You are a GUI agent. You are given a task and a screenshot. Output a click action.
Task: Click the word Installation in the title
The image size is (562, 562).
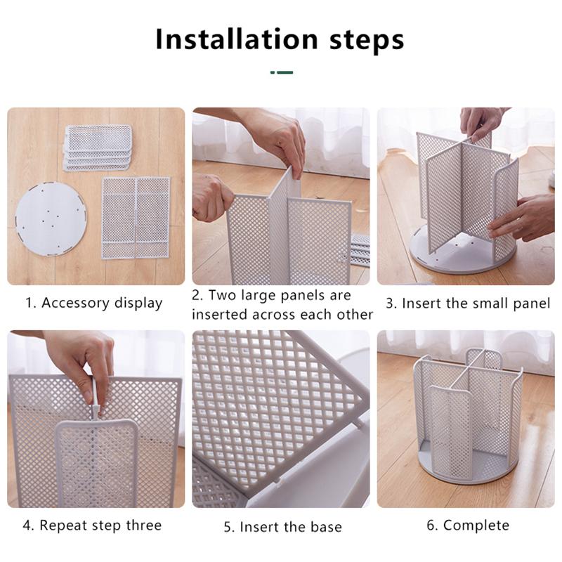[237, 39]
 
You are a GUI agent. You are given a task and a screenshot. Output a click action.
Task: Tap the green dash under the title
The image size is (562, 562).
[282, 72]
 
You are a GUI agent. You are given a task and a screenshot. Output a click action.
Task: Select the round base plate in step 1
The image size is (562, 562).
[51, 218]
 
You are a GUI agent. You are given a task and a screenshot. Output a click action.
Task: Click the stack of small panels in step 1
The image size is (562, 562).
[98, 148]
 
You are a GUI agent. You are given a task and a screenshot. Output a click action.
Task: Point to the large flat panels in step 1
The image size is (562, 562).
[136, 218]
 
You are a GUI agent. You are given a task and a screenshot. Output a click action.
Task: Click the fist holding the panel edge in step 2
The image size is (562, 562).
[212, 198]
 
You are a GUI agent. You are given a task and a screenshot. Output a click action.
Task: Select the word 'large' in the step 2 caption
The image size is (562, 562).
[259, 296]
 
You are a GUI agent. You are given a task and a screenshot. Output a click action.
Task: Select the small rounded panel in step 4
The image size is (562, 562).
[96, 463]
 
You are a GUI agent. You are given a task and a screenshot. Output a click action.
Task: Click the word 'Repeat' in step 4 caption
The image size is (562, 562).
[63, 525]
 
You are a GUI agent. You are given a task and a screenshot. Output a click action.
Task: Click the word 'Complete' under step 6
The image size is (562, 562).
[476, 525]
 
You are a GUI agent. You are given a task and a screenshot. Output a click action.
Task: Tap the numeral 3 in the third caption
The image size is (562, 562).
[391, 304]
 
